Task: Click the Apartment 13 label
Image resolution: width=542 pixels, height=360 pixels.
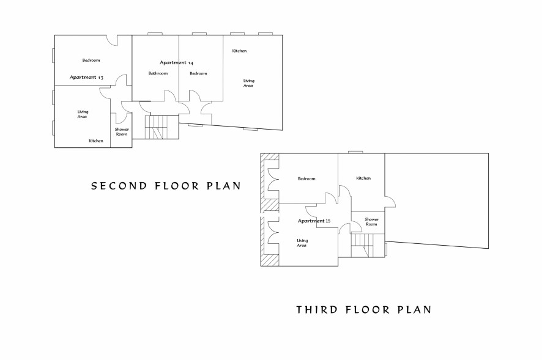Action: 86,78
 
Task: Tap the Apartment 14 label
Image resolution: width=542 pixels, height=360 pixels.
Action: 176,62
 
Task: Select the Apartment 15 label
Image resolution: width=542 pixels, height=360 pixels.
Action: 314,221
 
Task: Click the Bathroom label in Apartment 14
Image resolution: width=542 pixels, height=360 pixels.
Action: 158,73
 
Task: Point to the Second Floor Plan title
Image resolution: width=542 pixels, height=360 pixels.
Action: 166,186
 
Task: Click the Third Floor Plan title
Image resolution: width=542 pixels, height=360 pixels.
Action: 364,309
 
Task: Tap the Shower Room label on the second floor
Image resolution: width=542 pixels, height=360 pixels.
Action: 122,131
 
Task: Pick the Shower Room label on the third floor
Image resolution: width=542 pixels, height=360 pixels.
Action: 371,221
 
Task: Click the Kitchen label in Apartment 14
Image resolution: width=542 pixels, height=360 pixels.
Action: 240,51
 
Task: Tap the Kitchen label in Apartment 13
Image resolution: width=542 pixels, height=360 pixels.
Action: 96,141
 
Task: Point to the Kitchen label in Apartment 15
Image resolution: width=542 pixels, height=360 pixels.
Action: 363,178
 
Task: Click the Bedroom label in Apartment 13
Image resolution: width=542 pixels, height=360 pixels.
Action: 91,60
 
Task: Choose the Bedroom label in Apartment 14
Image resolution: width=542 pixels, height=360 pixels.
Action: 198,73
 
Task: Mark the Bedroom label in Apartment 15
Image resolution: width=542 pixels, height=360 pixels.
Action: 306,178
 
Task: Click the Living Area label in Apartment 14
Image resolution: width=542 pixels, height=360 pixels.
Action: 248,83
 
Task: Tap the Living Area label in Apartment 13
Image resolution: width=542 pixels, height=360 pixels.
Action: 83,114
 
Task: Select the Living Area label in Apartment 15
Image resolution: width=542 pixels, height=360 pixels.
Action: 302,243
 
